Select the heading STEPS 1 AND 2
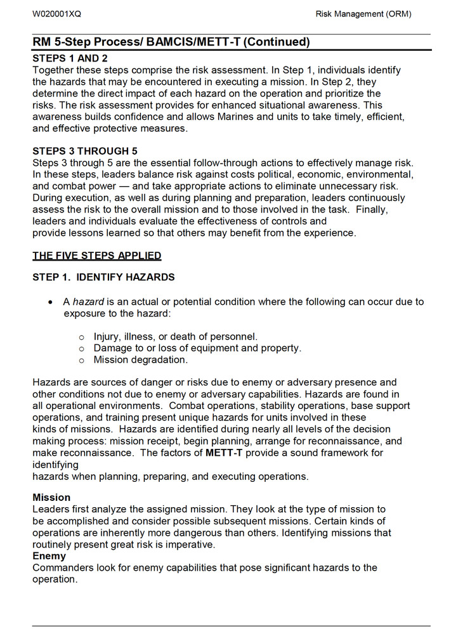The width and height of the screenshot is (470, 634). [70, 58]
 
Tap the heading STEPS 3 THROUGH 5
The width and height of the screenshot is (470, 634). [85, 151]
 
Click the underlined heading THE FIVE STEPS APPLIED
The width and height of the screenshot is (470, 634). [97, 256]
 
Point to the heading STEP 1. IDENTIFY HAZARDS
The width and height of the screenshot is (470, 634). [103, 278]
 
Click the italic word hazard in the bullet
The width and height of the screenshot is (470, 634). [88, 302]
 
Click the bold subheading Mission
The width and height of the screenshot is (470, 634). [51, 498]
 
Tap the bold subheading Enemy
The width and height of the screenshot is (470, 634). [49, 556]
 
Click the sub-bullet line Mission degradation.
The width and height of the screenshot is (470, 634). [140, 360]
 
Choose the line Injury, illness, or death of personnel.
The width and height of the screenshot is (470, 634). [175, 337]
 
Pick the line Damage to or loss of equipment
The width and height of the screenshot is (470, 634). [197, 348]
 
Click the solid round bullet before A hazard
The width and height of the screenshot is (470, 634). [51, 302]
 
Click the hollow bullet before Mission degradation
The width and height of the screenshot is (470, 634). [81, 361]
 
